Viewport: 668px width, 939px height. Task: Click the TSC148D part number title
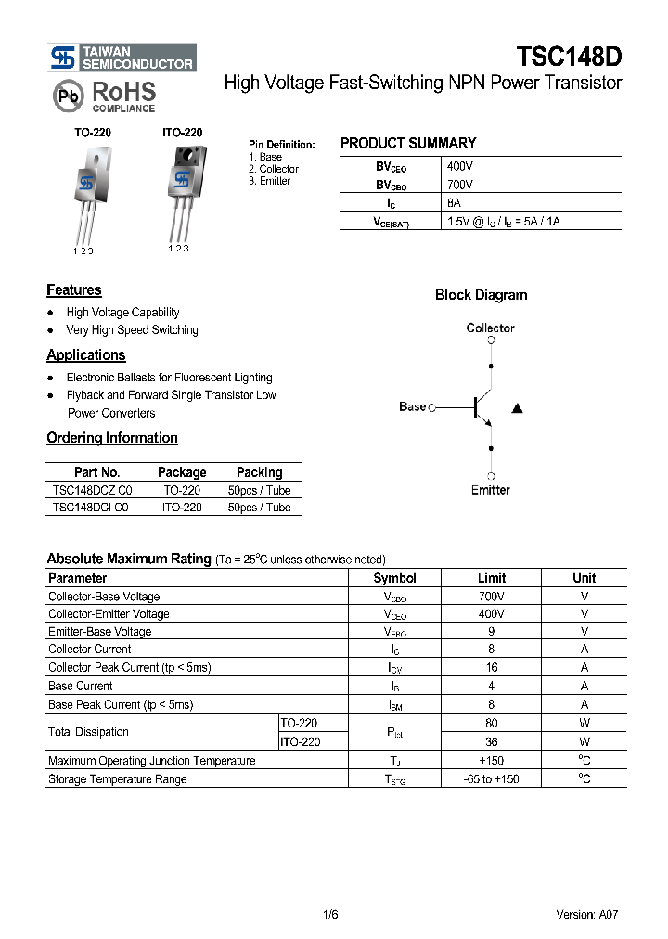coord(568,57)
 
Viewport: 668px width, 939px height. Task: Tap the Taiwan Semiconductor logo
coord(122,58)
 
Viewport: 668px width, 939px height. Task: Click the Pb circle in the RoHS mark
coord(67,96)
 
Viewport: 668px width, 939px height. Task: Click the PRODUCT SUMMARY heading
coord(407,144)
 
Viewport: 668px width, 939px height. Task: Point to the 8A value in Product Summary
coord(454,203)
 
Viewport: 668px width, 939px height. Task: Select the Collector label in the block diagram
coord(490,328)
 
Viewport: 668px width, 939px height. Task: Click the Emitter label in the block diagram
coord(490,490)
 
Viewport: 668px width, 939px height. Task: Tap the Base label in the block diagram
coord(412,406)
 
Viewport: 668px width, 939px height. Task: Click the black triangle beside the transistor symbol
coord(518,407)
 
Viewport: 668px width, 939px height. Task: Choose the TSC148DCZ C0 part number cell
coord(93,490)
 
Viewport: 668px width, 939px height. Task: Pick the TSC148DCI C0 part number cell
coord(91,508)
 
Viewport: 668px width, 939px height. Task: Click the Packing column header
coord(259,472)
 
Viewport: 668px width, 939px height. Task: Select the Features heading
coord(74,290)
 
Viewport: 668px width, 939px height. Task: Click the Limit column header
coord(492,578)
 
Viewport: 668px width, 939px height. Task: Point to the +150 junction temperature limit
coord(492,761)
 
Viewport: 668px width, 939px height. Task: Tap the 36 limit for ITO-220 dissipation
coord(492,742)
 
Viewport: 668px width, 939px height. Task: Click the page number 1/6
coord(330,915)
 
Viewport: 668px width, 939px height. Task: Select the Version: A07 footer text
coord(587,915)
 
